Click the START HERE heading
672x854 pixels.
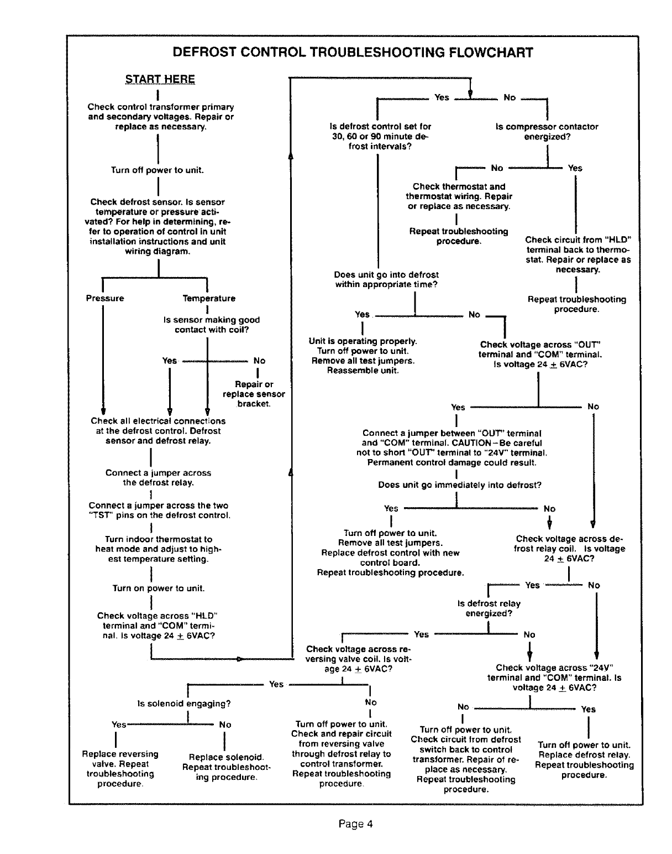pos(160,79)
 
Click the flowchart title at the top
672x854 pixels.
pos(353,53)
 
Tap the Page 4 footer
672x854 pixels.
pos(356,824)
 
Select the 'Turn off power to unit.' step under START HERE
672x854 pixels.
pos(158,170)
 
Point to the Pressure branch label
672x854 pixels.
pos(105,298)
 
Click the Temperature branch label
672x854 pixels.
pos(209,298)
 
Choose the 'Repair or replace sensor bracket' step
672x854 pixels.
pos(254,394)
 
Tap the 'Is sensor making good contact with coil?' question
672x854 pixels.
pos(211,325)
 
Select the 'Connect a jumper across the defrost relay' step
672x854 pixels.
pos(158,477)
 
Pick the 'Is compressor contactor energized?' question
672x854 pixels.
pos(547,132)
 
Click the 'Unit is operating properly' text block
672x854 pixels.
pos(363,356)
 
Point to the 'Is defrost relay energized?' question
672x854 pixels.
pos(489,608)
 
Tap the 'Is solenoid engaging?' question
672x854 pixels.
pos(183,704)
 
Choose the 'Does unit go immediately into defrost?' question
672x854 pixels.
pos(459,485)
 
